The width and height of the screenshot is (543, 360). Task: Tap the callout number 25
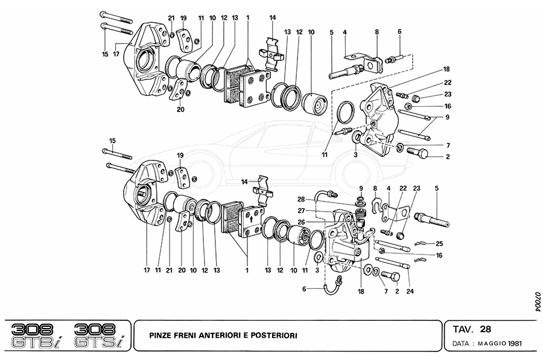(440, 243)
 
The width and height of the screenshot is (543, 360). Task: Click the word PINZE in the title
(162, 334)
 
